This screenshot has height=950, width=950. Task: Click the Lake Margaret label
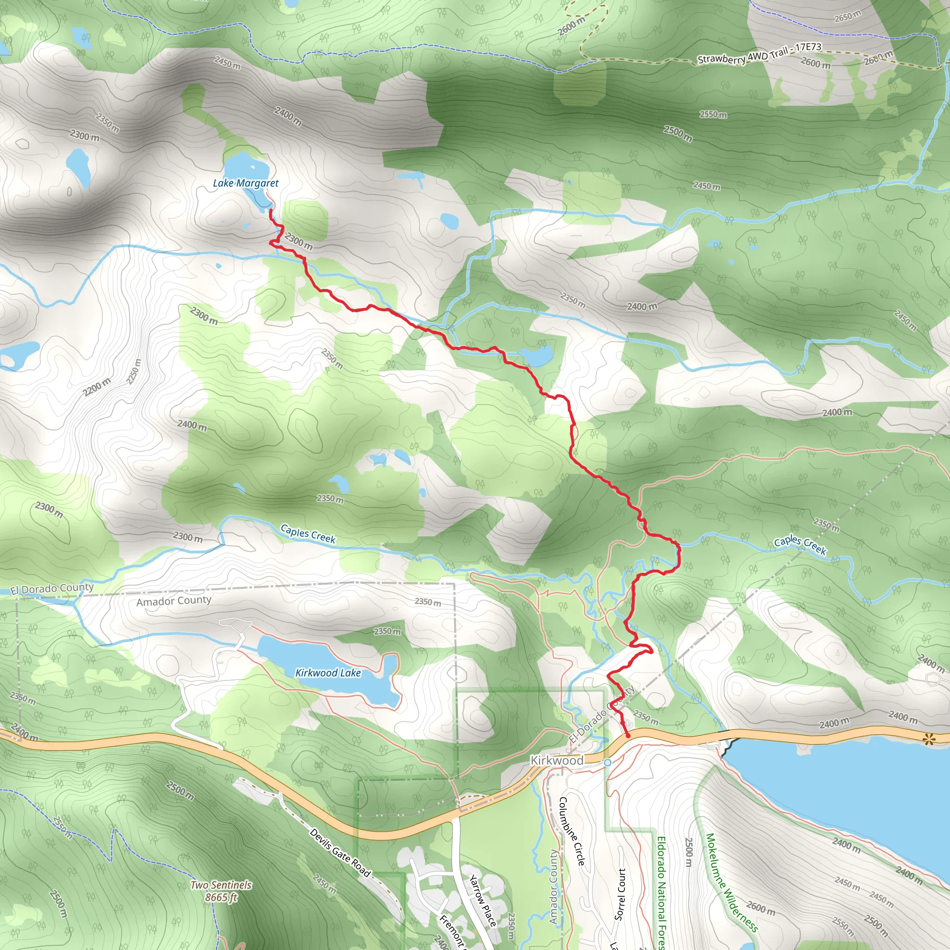[245, 183]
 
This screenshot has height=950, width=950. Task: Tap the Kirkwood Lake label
[328, 673]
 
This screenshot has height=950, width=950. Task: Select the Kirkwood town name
[557, 760]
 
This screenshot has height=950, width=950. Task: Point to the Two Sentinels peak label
[221, 885]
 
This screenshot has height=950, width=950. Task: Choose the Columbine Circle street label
[572, 831]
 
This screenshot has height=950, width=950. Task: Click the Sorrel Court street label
[621, 894]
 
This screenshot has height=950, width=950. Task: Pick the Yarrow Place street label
[481, 901]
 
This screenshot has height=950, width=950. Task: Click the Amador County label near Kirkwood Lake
[173, 601]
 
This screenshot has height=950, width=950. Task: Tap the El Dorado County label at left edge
[52, 589]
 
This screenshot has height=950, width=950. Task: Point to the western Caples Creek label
[308, 533]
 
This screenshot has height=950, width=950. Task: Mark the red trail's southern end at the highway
[628, 736]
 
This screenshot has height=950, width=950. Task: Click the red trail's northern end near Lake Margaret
[270, 210]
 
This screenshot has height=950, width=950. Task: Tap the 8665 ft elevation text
[221, 898]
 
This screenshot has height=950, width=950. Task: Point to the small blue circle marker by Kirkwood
[608, 762]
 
